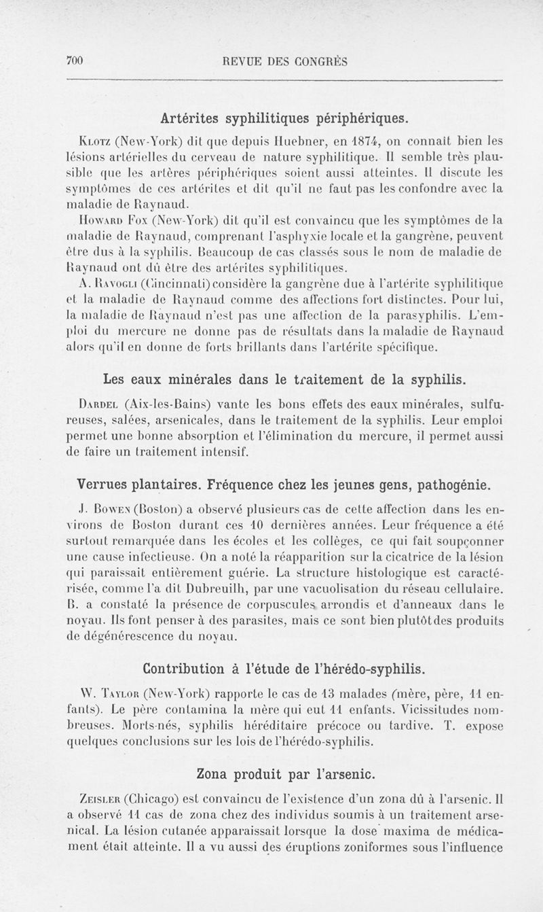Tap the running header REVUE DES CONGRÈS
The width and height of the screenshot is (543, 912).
click(x=285, y=61)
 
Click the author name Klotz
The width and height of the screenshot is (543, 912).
click(x=96, y=143)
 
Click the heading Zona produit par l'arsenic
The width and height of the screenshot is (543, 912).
click(x=285, y=773)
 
